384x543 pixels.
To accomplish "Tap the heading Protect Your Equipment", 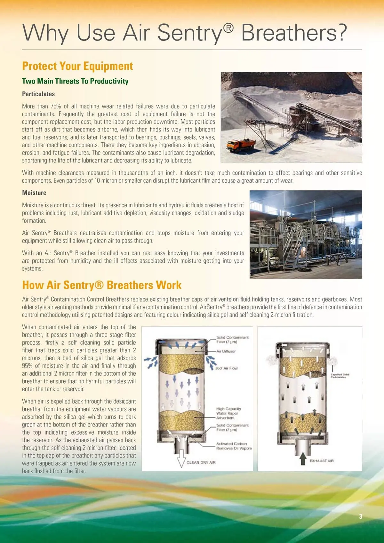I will (77, 66).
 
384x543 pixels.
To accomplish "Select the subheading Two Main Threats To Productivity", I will (75, 81).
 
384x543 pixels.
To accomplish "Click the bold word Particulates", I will (38, 94).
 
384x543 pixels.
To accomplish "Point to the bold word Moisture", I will (34, 193).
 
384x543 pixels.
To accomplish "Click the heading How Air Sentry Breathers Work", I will (102, 285).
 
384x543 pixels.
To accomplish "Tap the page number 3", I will (361, 516).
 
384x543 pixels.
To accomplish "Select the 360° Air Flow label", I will (226, 368).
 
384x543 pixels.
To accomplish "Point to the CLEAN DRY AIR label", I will (201, 462).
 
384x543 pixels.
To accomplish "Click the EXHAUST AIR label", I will (321, 461).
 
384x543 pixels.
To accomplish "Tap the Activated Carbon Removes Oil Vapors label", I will (234, 446).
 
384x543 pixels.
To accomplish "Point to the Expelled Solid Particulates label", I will (340, 376).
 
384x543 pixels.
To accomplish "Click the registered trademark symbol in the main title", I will (228, 28).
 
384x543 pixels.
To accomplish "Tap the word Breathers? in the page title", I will (294, 33).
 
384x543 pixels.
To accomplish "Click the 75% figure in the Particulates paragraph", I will (56, 106).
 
